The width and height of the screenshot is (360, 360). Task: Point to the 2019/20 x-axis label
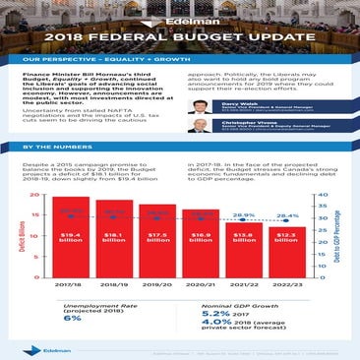pos(156,285)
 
